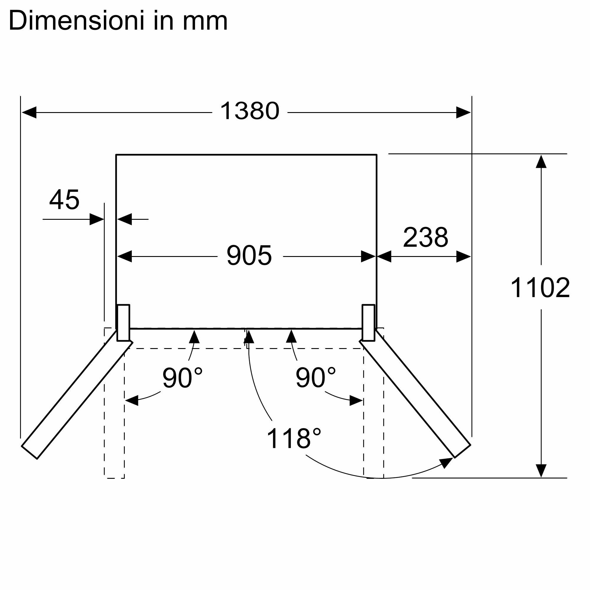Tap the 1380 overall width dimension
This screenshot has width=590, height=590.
pyautogui.click(x=250, y=111)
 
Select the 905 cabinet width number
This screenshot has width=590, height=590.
pyautogui.click(x=249, y=255)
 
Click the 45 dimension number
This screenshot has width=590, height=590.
pyautogui.click(x=64, y=200)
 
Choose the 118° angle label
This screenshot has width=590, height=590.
pyautogui.click(x=294, y=439)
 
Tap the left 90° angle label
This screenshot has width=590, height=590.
pyautogui.click(x=182, y=378)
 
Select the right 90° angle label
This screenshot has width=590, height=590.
pyautogui.click(x=315, y=378)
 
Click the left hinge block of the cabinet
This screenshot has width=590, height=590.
pyautogui.click(x=123, y=322)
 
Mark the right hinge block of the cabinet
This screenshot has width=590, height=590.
pyautogui.click(x=368, y=322)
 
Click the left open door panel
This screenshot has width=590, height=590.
pyautogui.click(x=76, y=394)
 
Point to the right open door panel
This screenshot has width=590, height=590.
pyautogui.click(x=415, y=394)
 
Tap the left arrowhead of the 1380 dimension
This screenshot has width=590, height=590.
pyautogui.click(x=29, y=112)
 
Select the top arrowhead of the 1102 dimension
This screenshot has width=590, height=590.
pyautogui.click(x=541, y=162)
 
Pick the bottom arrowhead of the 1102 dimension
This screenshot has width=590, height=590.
pyautogui.click(x=541, y=471)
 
